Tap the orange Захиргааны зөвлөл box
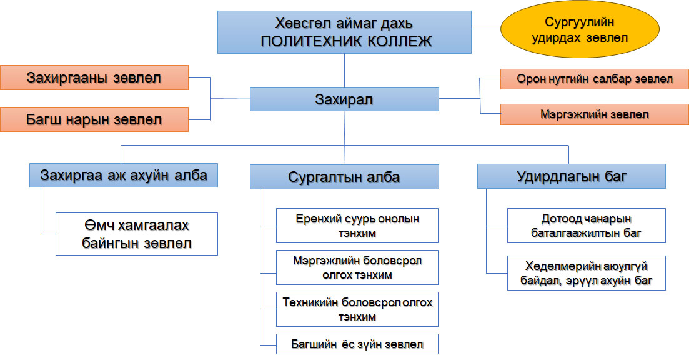point(94,77)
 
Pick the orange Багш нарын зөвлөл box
point(94,119)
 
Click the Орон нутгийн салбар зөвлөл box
point(594,79)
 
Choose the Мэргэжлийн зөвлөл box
point(594,114)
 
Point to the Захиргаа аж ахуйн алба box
point(124,175)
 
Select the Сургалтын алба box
point(344,177)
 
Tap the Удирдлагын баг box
point(571,176)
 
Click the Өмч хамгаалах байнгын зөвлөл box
point(137,234)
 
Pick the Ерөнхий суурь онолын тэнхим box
point(357,226)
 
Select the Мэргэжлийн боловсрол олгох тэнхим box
point(357,267)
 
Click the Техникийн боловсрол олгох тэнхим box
point(357,309)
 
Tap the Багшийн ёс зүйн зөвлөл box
point(357,344)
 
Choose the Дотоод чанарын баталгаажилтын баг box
point(586,226)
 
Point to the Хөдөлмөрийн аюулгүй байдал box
point(586,273)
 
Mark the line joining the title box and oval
point(486,29)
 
